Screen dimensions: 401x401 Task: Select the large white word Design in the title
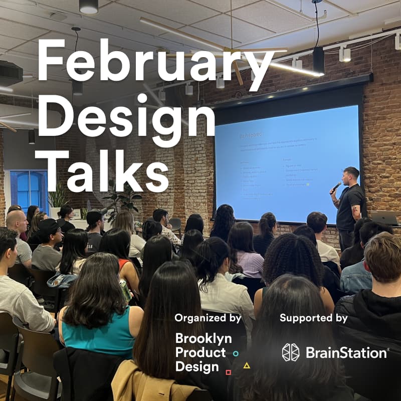(x=125, y=116)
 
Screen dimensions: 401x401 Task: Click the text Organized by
(x=208, y=318)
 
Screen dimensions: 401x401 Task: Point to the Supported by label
(x=313, y=318)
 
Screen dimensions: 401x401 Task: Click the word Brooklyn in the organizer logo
(x=200, y=339)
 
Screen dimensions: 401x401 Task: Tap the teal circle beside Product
(x=236, y=353)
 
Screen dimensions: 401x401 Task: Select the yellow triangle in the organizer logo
(x=246, y=365)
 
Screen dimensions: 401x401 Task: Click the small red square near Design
(x=228, y=372)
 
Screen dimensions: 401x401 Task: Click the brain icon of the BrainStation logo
(x=291, y=352)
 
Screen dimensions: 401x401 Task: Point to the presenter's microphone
(x=335, y=187)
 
